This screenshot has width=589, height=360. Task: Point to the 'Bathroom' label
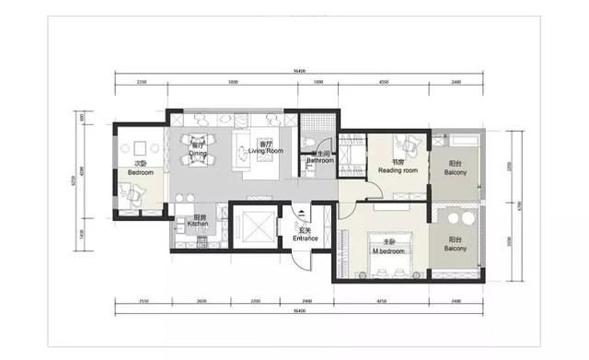tap(319, 159)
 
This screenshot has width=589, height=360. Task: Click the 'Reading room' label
tap(398, 170)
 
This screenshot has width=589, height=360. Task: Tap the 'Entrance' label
tap(306, 238)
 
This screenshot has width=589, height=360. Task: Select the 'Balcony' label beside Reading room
tap(455, 171)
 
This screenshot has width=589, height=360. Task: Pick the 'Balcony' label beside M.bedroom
tap(455, 249)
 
